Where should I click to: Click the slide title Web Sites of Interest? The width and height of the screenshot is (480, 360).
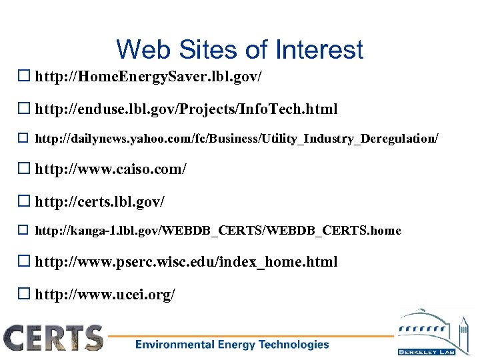pos(239,49)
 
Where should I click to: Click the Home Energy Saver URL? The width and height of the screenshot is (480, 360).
pos(148,77)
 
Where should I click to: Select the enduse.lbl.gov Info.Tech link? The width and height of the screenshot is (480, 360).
pos(186,109)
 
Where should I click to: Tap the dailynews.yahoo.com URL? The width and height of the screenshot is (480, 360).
pos(237,139)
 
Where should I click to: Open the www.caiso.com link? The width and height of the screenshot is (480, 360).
pos(111,169)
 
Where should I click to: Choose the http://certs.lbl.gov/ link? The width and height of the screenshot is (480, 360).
pos(99,201)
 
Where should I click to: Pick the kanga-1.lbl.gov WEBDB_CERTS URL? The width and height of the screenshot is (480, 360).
pos(218,231)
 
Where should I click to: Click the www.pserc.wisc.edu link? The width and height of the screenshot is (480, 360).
pos(186,262)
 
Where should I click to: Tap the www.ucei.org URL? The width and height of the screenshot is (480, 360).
pos(105,293)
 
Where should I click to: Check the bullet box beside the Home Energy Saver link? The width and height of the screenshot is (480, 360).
pos(26,77)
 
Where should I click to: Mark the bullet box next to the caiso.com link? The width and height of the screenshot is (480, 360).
pos(26,169)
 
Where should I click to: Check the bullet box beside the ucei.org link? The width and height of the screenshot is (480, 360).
pos(26,293)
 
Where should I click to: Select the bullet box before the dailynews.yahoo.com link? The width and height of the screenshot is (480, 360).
pos(26,139)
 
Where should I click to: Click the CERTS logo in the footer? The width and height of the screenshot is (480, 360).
pos(53,338)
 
